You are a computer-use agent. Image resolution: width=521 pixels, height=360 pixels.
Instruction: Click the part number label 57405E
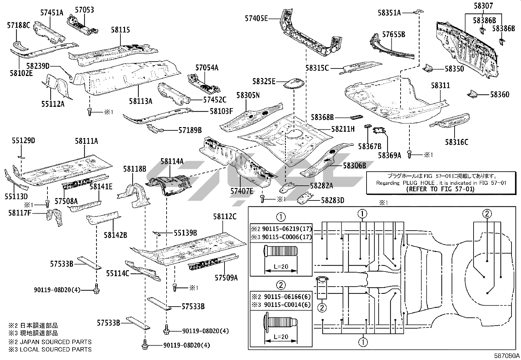coord(256,19)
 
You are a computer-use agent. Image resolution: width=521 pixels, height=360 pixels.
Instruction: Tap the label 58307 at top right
coord(483,6)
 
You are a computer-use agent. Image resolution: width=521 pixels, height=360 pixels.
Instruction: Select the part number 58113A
coord(140,101)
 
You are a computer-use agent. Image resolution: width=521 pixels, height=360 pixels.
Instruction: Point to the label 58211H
coord(343,129)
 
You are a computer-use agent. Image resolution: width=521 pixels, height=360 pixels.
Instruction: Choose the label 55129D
coord(23,141)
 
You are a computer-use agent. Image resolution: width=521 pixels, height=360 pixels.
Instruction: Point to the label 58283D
coord(332,200)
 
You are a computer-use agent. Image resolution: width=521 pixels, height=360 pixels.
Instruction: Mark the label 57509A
coord(226,278)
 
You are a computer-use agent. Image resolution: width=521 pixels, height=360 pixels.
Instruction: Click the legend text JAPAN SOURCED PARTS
coord(56,342)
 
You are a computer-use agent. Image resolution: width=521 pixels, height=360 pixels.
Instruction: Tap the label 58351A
coord(389,12)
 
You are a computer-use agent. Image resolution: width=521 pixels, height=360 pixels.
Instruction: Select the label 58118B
coord(135,169)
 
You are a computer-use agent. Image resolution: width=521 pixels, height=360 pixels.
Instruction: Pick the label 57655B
coord(394,34)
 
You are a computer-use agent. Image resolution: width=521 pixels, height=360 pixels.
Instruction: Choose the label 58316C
coord(456,142)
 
